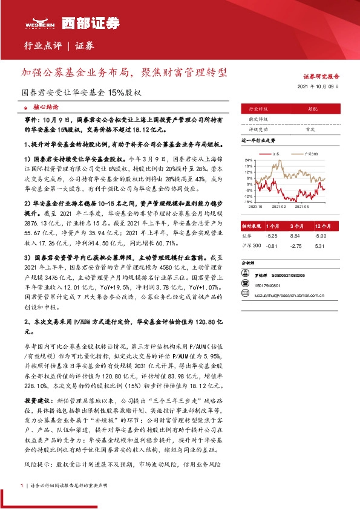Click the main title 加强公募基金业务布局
[x=125, y=72]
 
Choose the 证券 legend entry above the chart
[x=274, y=154]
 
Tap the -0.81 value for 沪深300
[x=272, y=245]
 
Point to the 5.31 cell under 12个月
[x=320, y=245]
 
